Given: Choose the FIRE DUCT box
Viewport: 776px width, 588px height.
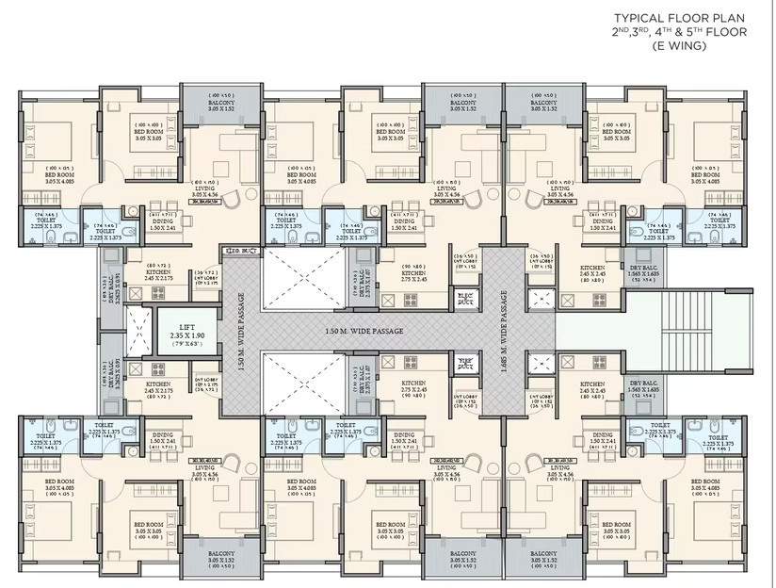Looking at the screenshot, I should click(464, 363).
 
